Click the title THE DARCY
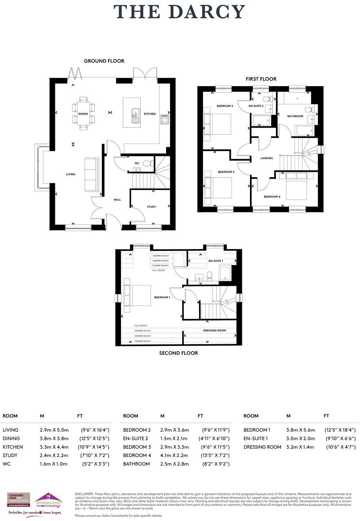tap(180, 12)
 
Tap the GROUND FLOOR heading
tap(104, 61)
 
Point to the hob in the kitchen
tap(164, 120)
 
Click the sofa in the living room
tap(92, 174)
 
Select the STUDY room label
tap(151, 207)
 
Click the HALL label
tap(117, 200)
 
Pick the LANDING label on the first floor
tap(267, 158)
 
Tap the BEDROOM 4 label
tap(272, 197)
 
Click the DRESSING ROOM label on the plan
tap(214, 330)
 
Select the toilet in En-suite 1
tap(209, 276)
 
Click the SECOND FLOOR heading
tap(179, 353)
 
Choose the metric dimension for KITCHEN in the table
tap(54, 447)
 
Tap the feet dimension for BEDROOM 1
tap(340, 430)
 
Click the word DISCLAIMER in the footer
tap(84, 494)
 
